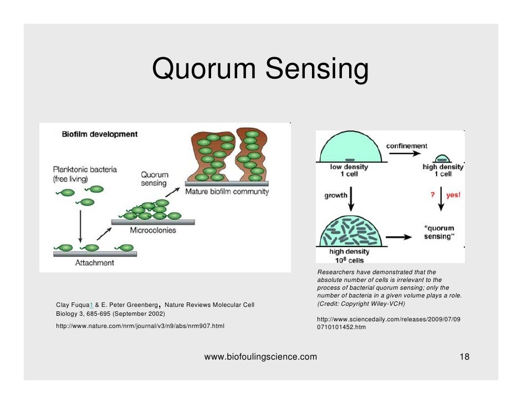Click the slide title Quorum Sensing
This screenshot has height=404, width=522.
260,70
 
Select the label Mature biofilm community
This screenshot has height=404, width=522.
227,192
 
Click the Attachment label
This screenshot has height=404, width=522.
95,262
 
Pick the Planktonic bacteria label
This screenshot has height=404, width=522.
85,174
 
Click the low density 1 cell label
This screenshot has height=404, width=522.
349,170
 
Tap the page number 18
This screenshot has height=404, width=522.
464,357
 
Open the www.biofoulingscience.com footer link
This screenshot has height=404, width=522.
260,357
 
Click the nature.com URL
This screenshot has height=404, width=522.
140,326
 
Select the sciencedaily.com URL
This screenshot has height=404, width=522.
388,324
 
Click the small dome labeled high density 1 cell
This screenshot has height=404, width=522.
442,158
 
